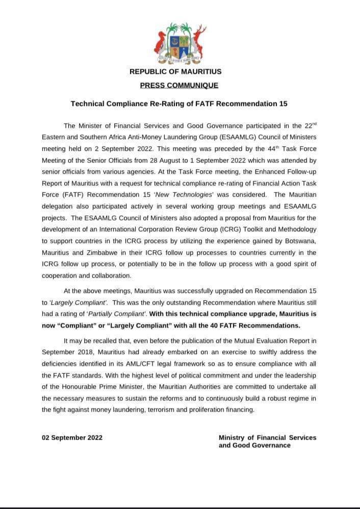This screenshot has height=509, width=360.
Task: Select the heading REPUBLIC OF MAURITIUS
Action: (175, 72)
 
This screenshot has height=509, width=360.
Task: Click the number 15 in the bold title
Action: (283, 104)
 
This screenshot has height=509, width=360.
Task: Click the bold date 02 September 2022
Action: (72, 438)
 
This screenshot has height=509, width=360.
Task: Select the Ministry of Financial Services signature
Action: (267, 441)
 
